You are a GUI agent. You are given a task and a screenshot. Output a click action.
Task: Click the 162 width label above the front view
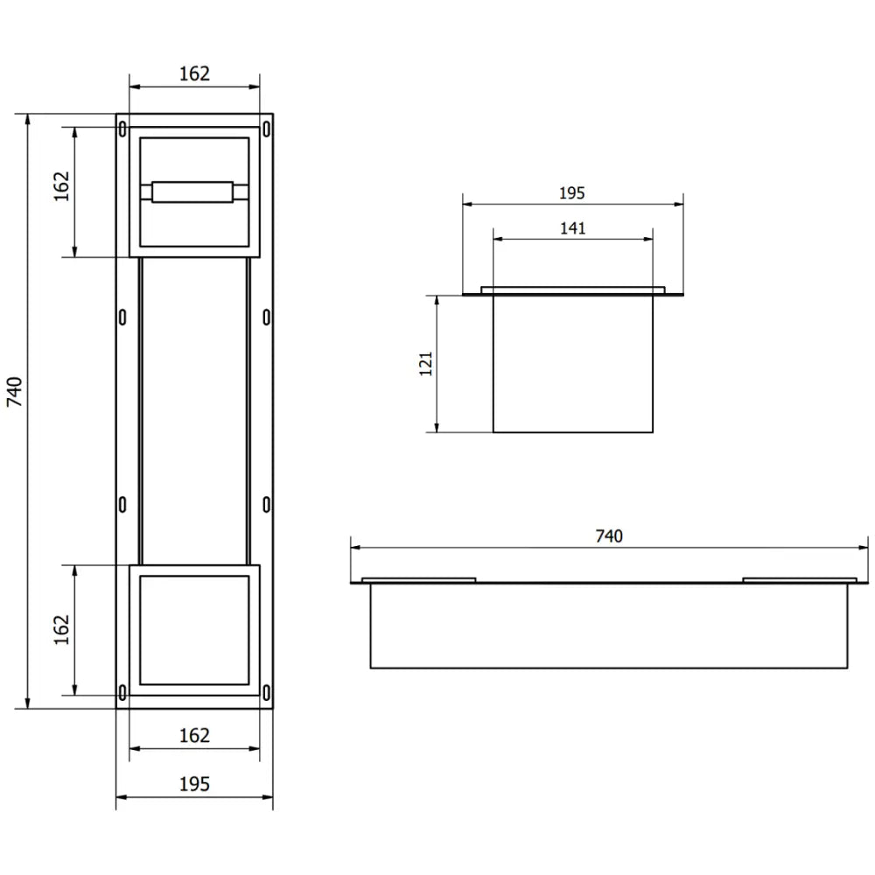[x=194, y=73]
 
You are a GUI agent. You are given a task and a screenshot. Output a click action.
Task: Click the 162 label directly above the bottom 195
[x=194, y=735]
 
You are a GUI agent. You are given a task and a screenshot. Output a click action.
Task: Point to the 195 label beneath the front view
[x=194, y=784]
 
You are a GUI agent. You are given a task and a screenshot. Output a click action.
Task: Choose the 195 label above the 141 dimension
[x=572, y=193]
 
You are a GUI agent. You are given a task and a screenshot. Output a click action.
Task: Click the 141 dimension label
[x=572, y=228]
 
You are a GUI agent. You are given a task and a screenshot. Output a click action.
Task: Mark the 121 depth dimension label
[x=426, y=362]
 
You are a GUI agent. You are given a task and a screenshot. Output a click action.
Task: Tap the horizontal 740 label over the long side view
[x=608, y=536]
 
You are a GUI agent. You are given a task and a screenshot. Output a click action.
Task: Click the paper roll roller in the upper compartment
[x=192, y=192]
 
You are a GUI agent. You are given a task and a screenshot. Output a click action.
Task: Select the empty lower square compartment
[x=194, y=629]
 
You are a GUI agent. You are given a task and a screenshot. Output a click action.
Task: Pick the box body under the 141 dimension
[x=572, y=363]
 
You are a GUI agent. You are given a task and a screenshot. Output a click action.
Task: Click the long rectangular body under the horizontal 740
[x=608, y=626]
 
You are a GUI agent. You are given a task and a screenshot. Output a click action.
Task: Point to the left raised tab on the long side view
[x=419, y=579]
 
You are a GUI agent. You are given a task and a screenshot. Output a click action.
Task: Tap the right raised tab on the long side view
[x=799, y=579]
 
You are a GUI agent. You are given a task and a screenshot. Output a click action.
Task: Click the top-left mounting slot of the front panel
[x=122, y=129]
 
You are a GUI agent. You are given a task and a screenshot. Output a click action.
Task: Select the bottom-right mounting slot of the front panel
[x=266, y=693]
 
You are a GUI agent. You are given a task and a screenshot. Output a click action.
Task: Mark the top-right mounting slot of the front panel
[x=266, y=129]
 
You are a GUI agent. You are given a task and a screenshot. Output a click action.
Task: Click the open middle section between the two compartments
[x=194, y=411]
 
